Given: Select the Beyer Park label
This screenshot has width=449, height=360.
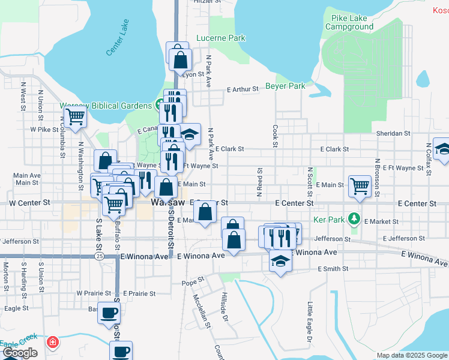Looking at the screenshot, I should pyautogui.click(x=285, y=86).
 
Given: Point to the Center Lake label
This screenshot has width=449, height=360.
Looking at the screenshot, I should pyautogui.click(x=117, y=38).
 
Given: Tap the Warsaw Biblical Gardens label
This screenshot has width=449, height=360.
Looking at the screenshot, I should pyautogui.click(x=105, y=106).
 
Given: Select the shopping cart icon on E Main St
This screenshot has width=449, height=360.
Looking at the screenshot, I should pyautogui.click(x=360, y=185).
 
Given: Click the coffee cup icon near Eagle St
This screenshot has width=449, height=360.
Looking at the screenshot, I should pyautogui.click(x=109, y=313).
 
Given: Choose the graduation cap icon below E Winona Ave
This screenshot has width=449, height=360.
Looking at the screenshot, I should pyautogui.click(x=279, y=262).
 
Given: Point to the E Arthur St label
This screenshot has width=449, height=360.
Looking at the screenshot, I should pyautogui.click(x=243, y=89).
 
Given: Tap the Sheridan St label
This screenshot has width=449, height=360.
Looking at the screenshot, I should pyautogui.click(x=393, y=133).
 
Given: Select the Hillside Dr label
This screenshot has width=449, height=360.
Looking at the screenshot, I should pyautogui.click(x=224, y=306).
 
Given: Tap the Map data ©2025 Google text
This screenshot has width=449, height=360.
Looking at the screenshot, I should pyautogui.click(x=411, y=355).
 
